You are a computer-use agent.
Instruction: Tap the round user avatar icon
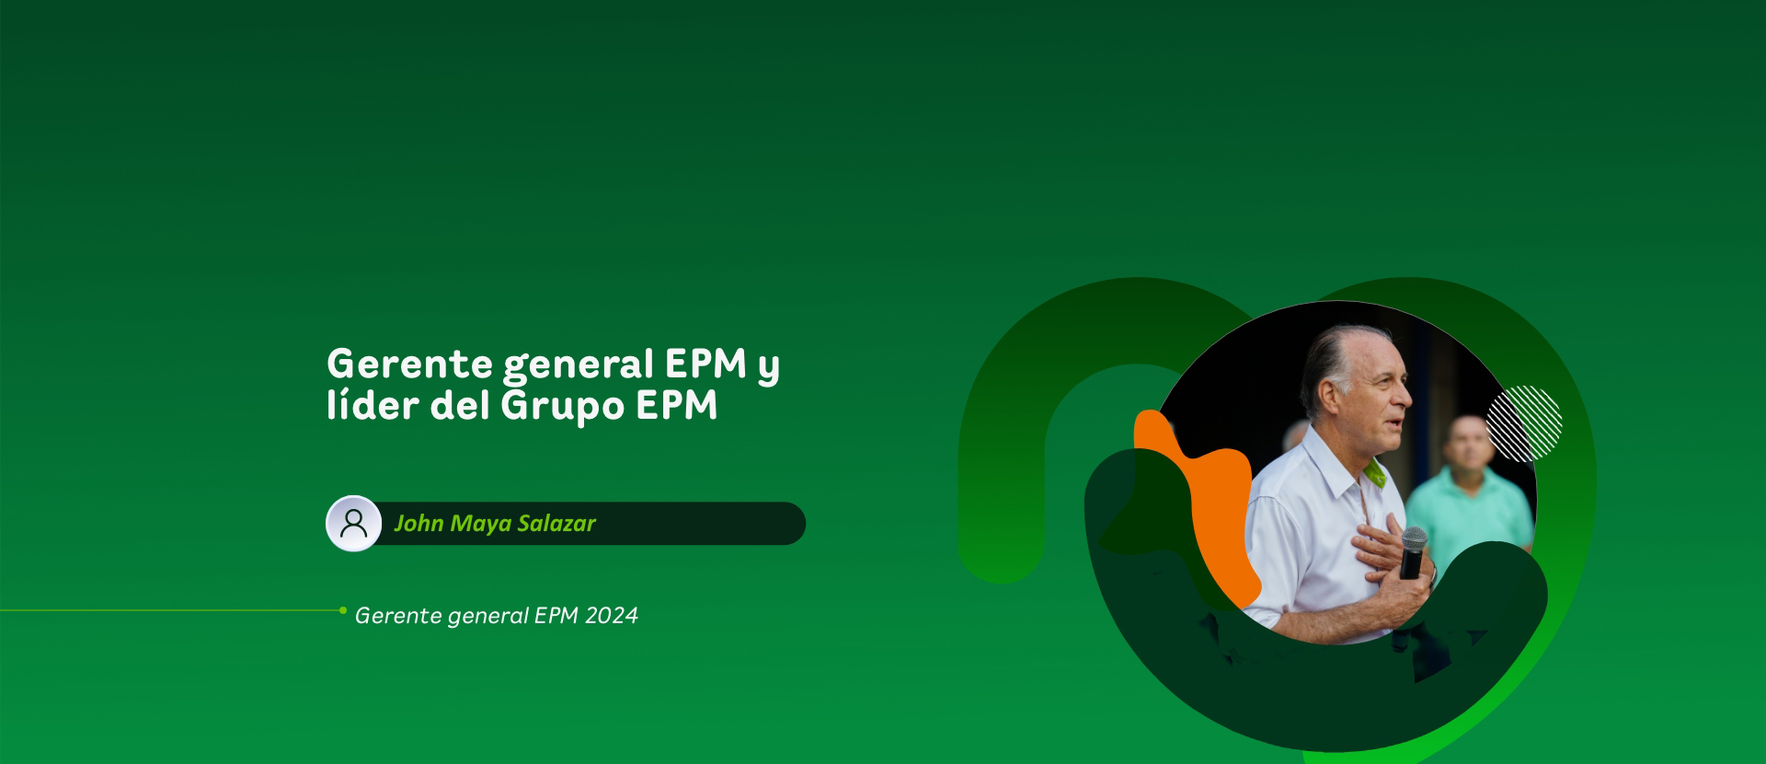[x=354, y=524]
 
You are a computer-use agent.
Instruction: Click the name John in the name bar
[x=419, y=524]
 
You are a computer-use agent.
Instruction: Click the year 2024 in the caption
[x=611, y=616]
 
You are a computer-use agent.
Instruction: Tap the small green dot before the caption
[x=343, y=610]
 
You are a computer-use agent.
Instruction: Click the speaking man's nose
[x=1407, y=398]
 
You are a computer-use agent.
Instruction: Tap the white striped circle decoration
[x=1524, y=423]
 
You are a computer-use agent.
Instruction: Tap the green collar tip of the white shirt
[x=1377, y=476]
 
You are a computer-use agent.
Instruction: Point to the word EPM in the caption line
[x=555, y=616]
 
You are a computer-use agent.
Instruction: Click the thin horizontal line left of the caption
[x=169, y=610]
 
